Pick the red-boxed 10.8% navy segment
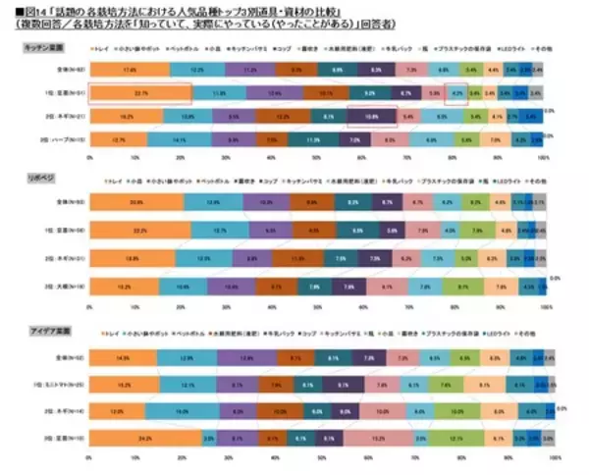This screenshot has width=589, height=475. tap(371, 117)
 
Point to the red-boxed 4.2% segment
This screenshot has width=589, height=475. tap(455, 93)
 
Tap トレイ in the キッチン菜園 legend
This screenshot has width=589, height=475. tap(103, 46)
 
